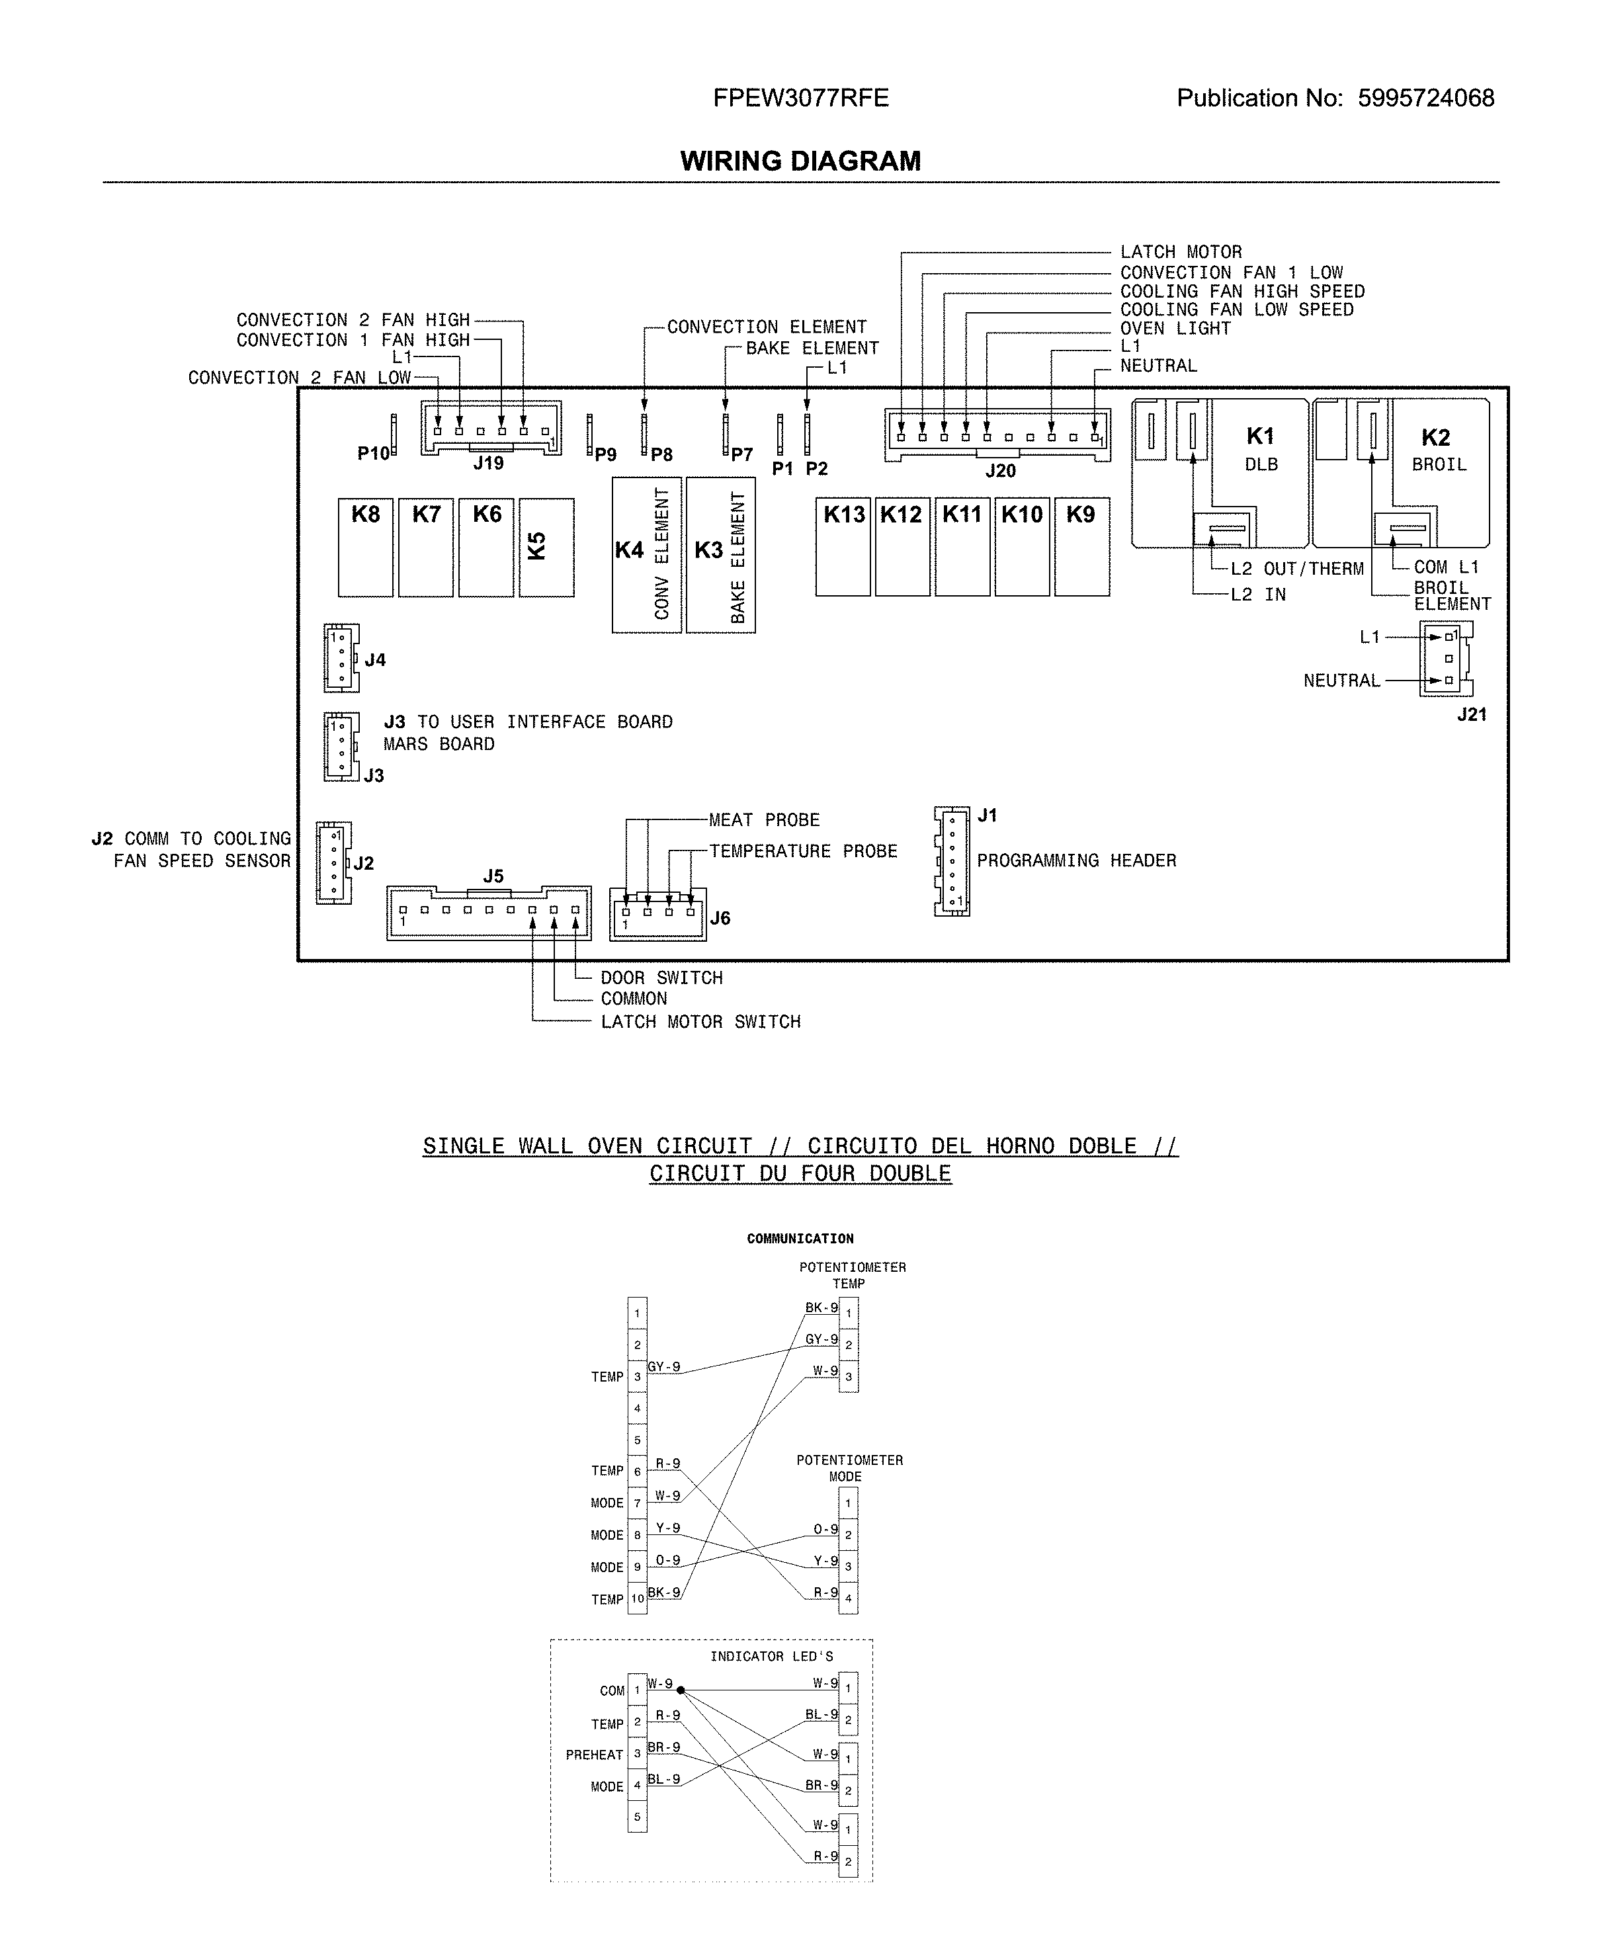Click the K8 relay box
[x=365, y=548]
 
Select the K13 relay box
[x=843, y=548]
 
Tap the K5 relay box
[x=546, y=548]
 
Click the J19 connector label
[x=489, y=464]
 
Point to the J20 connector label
[x=1000, y=471]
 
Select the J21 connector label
[x=1471, y=714]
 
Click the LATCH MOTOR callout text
[x=1181, y=251]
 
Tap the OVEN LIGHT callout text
[x=1175, y=328]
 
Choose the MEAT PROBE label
[x=764, y=819]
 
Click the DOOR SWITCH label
[x=661, y=977]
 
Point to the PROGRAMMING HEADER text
[x=1077, y=860]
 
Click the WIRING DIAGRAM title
[x=800, y=161]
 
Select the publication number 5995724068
[x=1426, y=99]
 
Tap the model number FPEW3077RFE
[x=800, y=99]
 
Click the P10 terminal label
[x=373, y=454]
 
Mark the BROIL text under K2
[x=1439, y=464]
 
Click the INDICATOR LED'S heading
[x=771, y=1656]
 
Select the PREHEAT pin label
[x=595, y=1755]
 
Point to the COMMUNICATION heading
[x=800, y=1239]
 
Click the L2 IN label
[x=1258, y=595]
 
